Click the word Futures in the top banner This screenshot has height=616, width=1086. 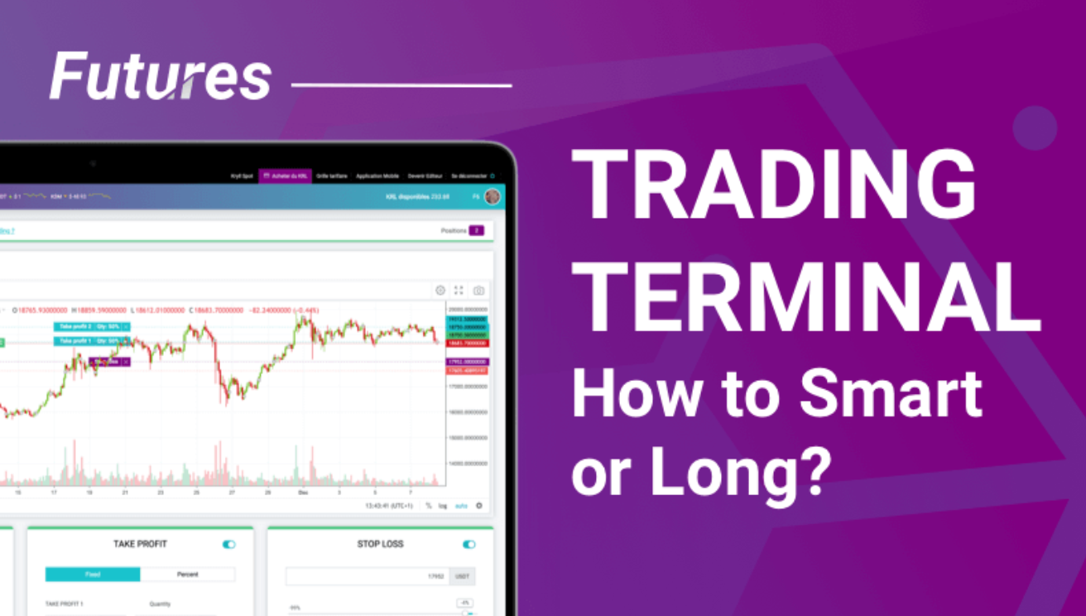[161, 77]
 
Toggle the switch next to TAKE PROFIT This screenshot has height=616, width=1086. [228, 544]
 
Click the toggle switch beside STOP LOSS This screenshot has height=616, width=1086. [469, 544]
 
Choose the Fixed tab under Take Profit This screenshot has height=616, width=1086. [93, 574]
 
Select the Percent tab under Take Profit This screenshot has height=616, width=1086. [188, 574]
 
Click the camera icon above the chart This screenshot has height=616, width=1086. [478, 291]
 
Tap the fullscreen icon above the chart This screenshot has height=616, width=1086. [459, 291]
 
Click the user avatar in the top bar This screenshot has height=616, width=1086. [493, 197]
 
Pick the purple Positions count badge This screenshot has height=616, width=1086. [476, 230]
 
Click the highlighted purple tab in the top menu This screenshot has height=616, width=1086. [286, 176]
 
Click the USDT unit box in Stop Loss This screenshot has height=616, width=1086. [462, 576]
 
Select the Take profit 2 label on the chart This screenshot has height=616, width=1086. [87, 326]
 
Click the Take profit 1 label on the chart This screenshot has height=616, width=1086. [87, 340]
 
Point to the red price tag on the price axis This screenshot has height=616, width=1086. [467, 343]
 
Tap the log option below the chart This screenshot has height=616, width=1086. [443, 506]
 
